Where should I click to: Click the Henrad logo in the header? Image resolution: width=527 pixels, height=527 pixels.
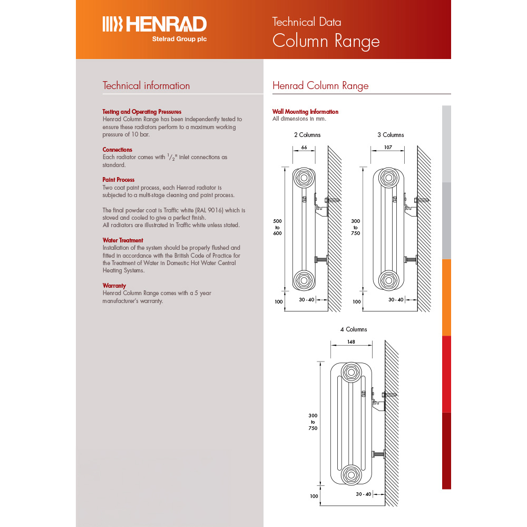154,24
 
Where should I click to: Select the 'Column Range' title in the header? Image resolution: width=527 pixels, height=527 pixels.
326,41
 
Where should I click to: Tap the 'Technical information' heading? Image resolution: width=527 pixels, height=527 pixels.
146,86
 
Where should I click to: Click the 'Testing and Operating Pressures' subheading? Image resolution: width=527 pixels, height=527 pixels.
142,112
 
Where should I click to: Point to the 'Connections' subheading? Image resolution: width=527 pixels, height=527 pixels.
118,150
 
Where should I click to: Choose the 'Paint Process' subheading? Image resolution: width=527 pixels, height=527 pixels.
119,180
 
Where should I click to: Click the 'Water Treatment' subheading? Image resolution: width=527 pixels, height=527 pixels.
123,240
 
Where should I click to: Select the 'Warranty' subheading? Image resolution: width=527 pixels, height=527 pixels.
114,286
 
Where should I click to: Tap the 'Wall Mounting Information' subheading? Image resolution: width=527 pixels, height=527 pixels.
305,112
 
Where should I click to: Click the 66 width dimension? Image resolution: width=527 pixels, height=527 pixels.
304,148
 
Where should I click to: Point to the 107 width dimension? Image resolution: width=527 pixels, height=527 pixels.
388,148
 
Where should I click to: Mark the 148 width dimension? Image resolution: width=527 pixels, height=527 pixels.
351,342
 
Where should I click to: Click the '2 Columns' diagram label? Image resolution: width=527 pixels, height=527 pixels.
307,135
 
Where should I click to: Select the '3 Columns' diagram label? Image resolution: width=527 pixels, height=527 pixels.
391,135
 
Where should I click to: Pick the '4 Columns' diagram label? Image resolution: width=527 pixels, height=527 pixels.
354,329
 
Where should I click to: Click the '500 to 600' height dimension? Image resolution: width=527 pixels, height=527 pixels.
277,227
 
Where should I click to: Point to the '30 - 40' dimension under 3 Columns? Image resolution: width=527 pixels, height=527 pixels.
396,300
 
